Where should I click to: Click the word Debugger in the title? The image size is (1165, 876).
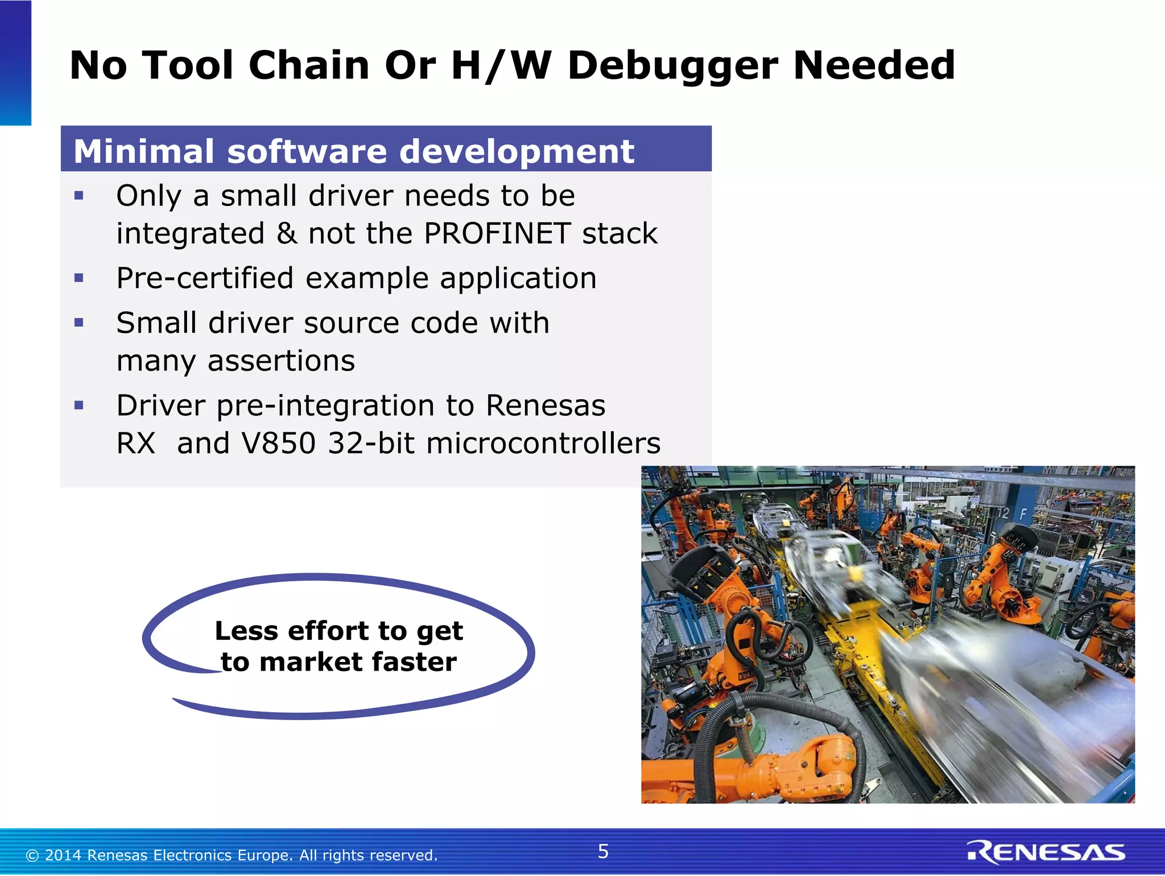[x=673, y=66]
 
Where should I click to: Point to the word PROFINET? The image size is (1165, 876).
[x=497, y=233]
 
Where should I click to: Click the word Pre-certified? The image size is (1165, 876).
[x=205, y=278]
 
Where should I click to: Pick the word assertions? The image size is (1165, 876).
[x=281, y=361]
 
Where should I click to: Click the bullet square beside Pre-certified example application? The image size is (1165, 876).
[x=79, y=278]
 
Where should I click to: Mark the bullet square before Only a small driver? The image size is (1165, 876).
[x=79, y=196]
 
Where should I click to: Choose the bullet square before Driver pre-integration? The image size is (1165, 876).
[x=79, y=406]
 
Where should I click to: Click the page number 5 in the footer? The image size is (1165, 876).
[x=603, y=852]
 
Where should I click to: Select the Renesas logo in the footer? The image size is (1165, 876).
[x=1046, y=852]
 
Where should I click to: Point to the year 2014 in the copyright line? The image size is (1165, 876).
[x=64, y=856]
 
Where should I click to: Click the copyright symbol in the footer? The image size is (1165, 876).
[x=32, y=856]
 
